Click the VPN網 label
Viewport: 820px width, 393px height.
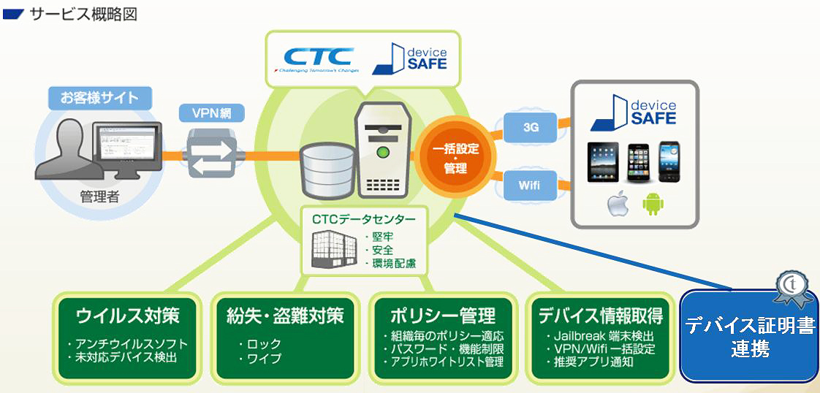(211, 113)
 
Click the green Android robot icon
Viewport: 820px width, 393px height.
(652, 205)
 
